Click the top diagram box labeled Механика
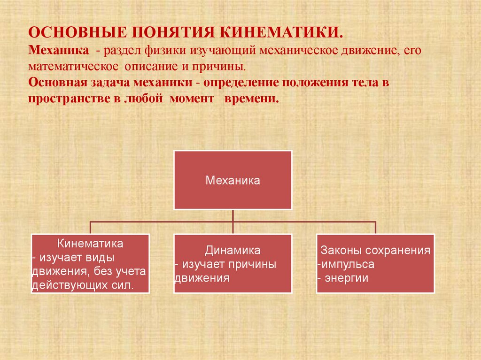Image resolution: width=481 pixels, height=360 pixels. click(233, 180)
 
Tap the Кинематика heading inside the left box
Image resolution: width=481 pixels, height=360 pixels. click(90, 244)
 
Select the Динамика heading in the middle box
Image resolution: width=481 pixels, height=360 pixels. click(233, 250)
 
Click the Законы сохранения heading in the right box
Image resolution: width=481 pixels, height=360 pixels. click(375, 250)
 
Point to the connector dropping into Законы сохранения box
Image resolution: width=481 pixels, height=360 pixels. click(375, 227)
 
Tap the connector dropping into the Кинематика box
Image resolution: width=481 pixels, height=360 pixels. click(90, 227)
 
